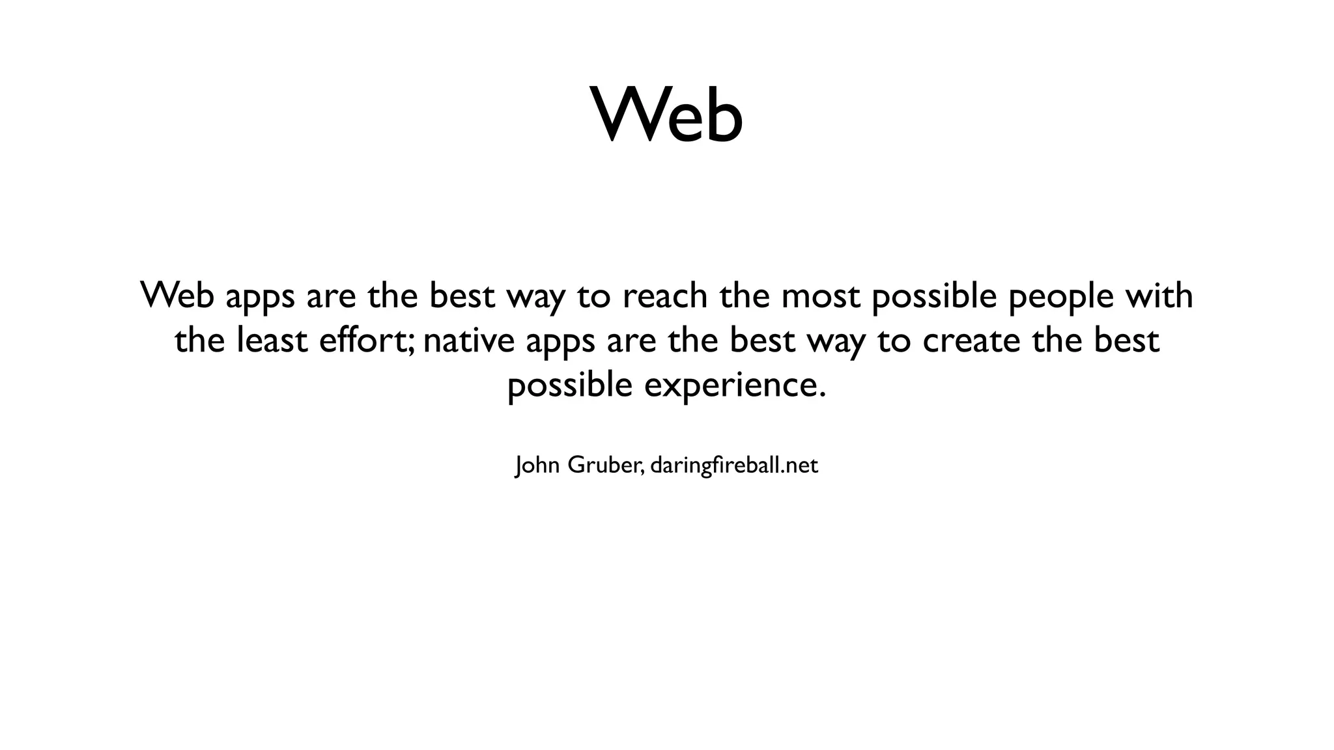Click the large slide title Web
pos(666,115)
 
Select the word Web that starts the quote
pos(177,296)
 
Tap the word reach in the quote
pos(665,296)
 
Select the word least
pos(272,340)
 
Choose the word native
pos(468,340)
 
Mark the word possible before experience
pos(570,385)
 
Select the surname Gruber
pos(605,465)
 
